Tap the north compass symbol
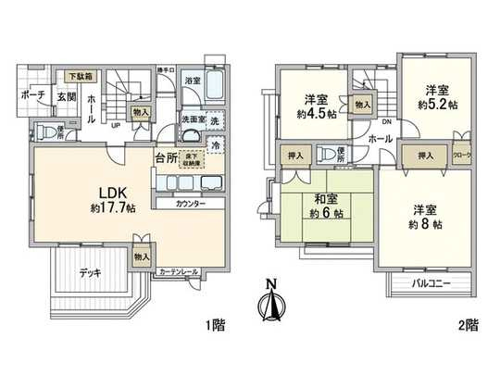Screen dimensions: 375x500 271,302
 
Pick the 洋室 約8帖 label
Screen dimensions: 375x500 427,217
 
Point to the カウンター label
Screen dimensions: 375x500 188,203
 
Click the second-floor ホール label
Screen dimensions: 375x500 380,138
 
